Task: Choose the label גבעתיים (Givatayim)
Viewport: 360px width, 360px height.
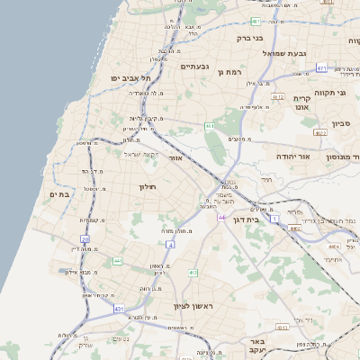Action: (194, 67)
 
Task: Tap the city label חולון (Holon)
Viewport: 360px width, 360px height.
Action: (148, 186)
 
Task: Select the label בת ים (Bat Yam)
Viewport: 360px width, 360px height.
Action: (60, 194)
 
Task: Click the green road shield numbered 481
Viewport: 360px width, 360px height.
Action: (256, 21)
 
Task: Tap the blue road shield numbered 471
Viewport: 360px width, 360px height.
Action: (321, 67)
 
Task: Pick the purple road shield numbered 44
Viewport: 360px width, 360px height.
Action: (221, 218)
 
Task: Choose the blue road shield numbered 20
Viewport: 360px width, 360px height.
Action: (85, 239)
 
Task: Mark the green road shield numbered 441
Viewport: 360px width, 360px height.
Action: (117, 261)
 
